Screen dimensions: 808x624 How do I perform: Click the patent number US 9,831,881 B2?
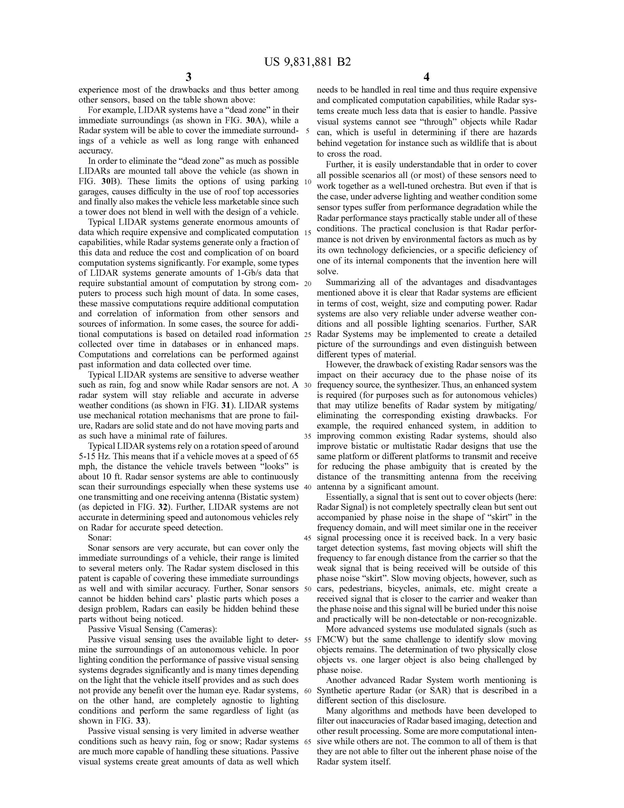tap(307, 62)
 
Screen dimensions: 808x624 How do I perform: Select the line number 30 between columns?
tap(307, 385)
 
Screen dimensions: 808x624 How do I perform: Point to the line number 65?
tap(307, 742)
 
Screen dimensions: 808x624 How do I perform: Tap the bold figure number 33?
tap(140, 720)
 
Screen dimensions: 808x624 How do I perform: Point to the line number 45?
tap(307, 538)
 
